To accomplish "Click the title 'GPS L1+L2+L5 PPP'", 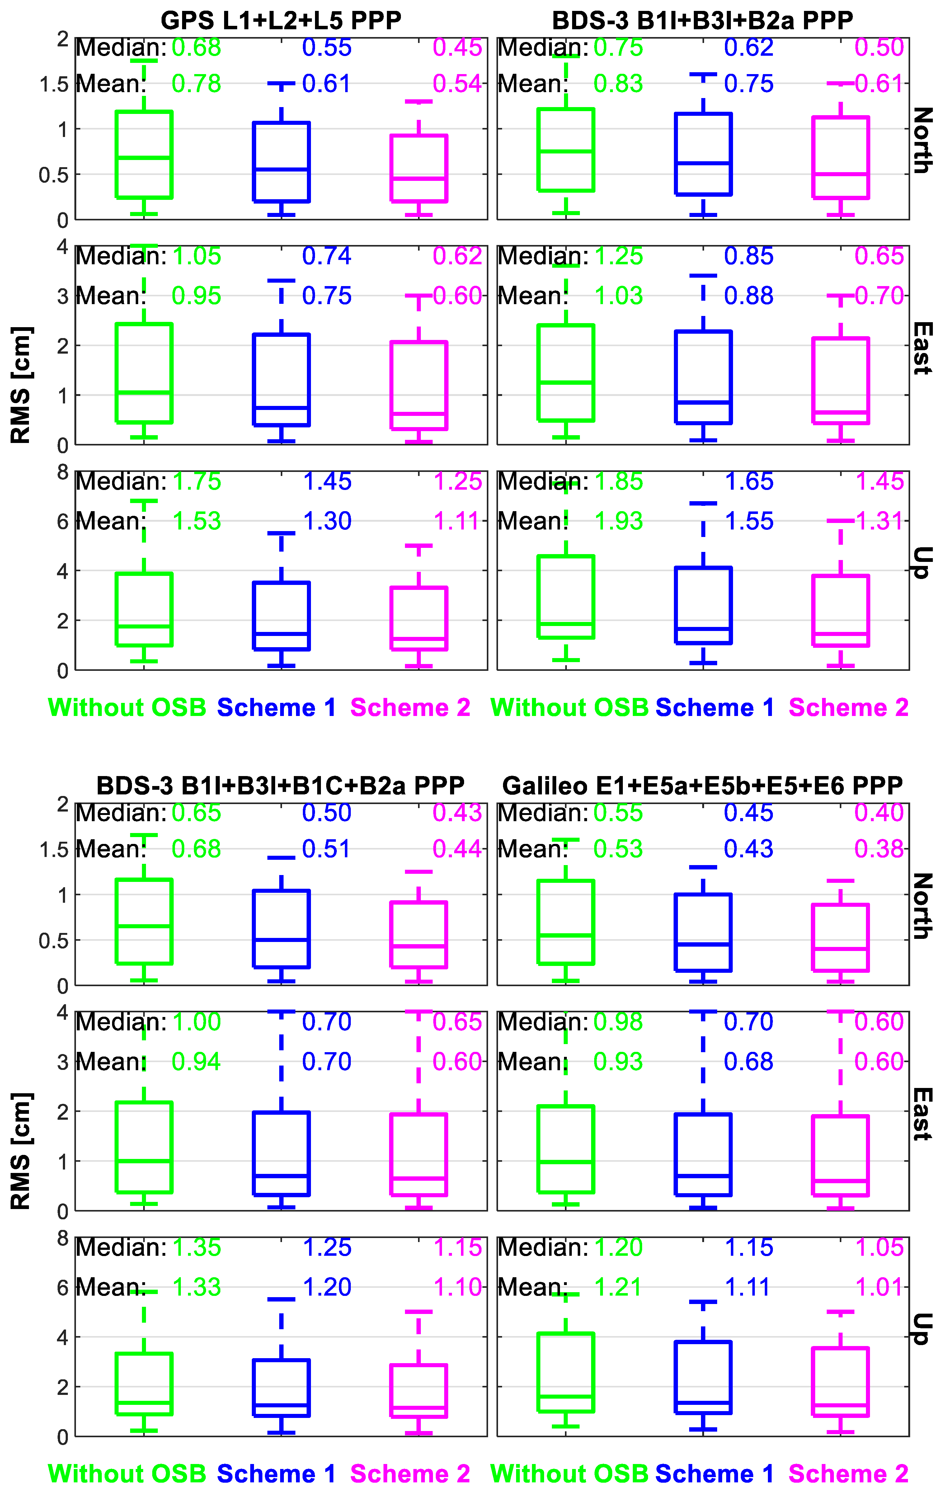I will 281,21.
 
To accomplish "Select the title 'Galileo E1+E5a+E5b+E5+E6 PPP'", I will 703,786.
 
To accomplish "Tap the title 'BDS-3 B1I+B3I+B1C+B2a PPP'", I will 281,786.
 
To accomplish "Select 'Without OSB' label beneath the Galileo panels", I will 570,1473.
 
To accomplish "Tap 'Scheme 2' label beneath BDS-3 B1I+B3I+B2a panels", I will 849,708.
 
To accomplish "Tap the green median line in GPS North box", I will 144,158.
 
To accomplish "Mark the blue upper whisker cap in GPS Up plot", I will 281,533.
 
